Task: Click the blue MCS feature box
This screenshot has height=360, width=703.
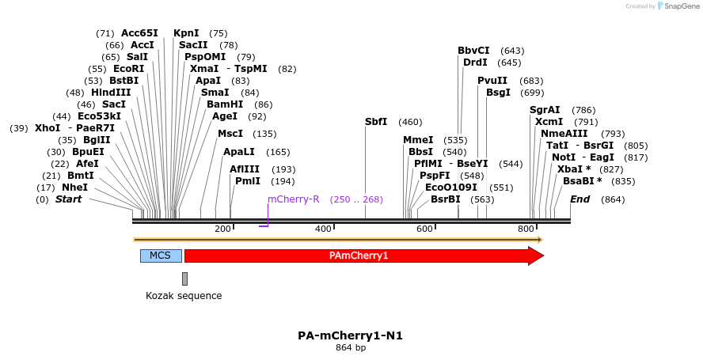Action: [x=161, y=256]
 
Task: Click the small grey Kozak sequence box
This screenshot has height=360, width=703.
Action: [x=184, y=279]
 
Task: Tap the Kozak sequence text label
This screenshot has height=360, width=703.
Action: [x=184, y=296]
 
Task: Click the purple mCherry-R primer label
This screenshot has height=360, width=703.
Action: [x=294, y=199]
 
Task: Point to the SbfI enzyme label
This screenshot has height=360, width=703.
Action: [x=376, y=122]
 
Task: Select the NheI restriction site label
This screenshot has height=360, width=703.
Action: [x=75, y=188]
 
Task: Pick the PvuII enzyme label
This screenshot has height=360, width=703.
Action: [x=492, y=81]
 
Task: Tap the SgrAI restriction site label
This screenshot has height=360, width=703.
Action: [x=545, y=110]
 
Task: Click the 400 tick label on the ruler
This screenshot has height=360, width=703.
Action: [x=323, y=229]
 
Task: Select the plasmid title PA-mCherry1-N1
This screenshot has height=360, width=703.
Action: [x=350, y=335]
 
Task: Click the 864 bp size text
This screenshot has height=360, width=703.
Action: [x=350, y=347]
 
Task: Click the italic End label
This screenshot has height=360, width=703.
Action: [x=579, y=199]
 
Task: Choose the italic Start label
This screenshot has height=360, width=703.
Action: [x=68, y=199]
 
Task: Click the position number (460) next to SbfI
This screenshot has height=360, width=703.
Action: [x=410, y=122]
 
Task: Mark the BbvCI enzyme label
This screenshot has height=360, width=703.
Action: [x=473, y=51]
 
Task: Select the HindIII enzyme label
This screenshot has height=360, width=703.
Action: [x=111, y=93]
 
